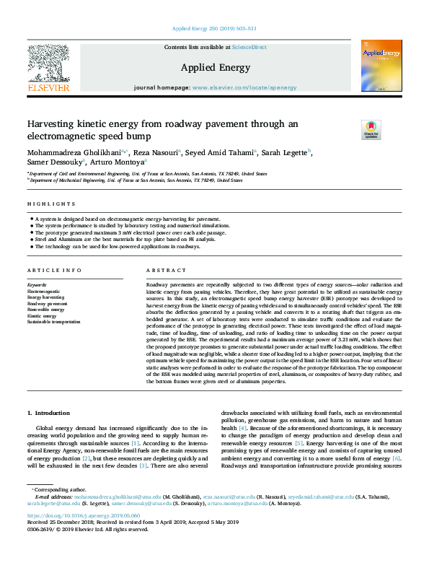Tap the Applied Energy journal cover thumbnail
[x=381, y=64]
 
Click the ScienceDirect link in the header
[x=249, y=47]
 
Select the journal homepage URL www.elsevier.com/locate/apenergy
[x=244, y=87]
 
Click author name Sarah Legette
[x=287, y=152]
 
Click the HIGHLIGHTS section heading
[x=47, y=204]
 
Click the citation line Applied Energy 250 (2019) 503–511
[x=214, y=29]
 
